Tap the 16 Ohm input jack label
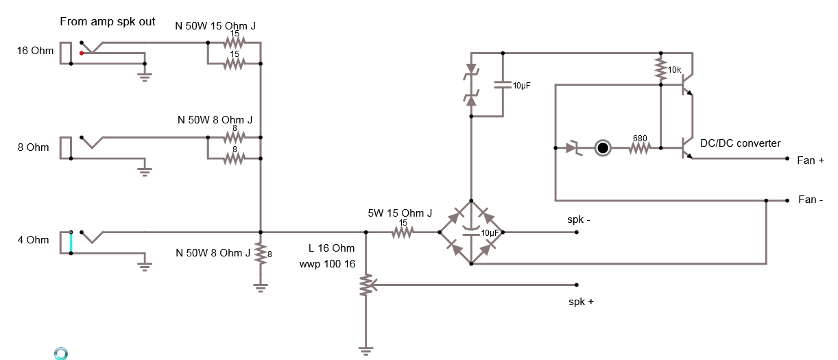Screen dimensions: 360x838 pos(35,51)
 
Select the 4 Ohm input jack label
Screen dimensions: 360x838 pos(33,239)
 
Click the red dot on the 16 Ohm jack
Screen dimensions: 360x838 pos(82,53)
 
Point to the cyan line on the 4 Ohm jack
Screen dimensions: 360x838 pos(71,242)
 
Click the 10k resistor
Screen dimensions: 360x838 pos(660,68)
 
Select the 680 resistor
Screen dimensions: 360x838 pos(639,147)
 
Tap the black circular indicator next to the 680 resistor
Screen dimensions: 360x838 pos(602,147)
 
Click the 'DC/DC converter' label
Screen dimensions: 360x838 pos(740,143)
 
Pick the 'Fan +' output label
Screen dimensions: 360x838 pos(810,160)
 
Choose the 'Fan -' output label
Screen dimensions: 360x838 pos(811,200)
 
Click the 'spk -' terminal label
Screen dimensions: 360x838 pos(578,219)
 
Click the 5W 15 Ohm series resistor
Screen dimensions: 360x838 pos(403,232)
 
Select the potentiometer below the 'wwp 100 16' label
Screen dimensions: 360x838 pos(366,285)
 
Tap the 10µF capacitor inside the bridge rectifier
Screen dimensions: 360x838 pos(470,229)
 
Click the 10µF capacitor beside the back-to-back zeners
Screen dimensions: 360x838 pos(503,86)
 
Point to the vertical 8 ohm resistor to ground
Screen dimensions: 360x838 pos(260,254)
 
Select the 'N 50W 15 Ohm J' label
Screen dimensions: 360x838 pos(216,26)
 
